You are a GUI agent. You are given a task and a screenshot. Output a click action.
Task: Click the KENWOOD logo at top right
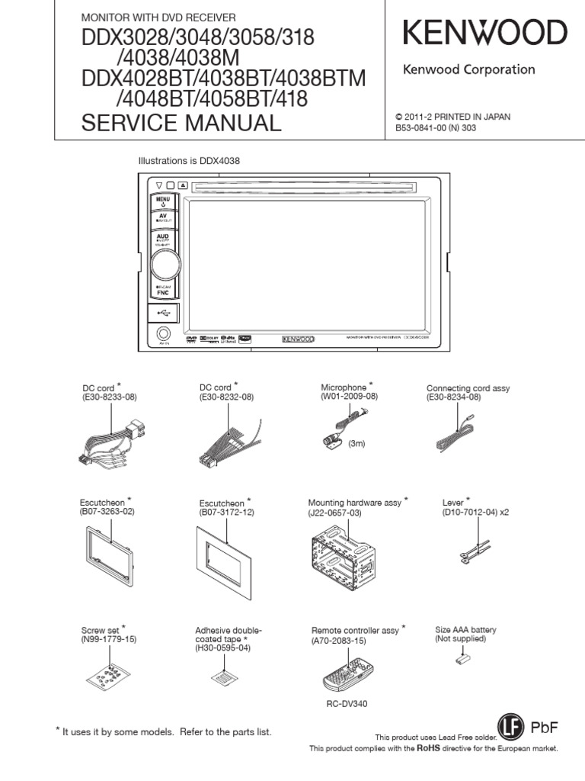click(484, 34)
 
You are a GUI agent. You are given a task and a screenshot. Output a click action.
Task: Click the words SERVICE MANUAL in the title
click(181, 122)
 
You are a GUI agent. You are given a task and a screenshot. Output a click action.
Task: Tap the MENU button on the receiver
click(163, 201)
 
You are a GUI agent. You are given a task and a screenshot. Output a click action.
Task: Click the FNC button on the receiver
click(163, 290)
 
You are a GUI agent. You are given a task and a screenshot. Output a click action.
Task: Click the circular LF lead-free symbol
click(512, 728)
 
